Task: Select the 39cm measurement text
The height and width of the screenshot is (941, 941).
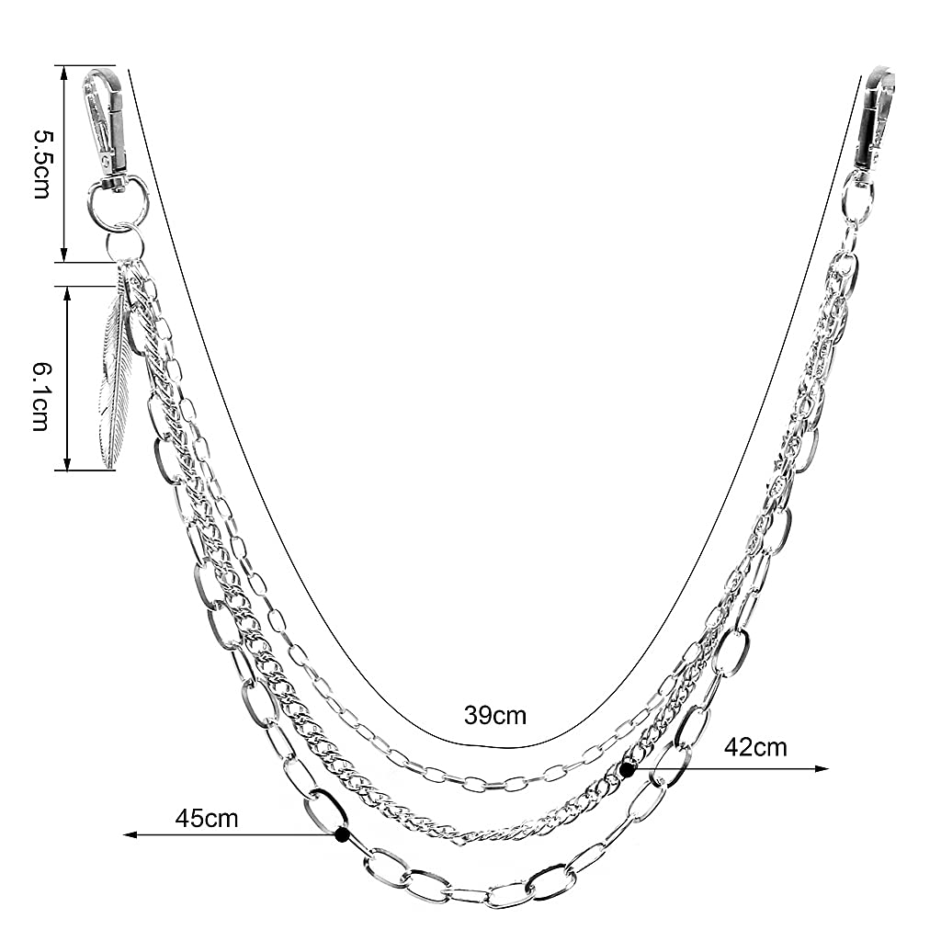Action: pos(495,715)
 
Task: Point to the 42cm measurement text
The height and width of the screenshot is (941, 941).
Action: pos(755,747)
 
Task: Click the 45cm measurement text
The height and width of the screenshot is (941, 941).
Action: pos(207,819)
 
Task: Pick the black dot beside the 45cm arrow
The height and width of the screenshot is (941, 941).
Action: pos(343,834)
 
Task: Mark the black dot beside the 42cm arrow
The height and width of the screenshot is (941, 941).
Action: pos(628,769)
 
